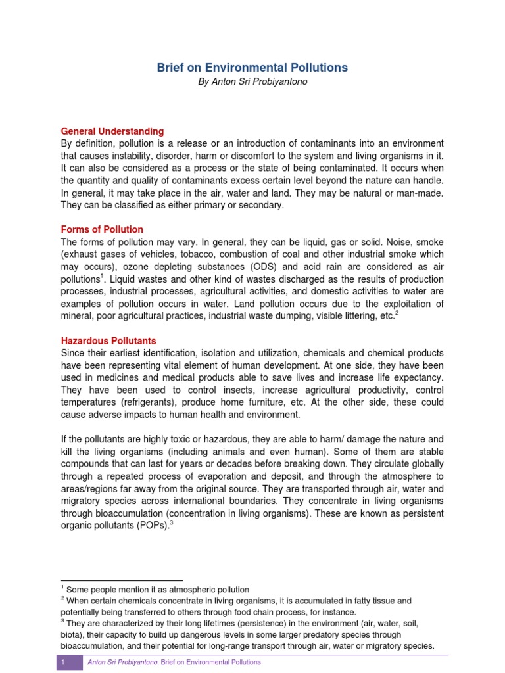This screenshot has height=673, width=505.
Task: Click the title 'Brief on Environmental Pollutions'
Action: (252, 68)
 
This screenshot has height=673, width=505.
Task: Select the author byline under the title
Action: (252, 82)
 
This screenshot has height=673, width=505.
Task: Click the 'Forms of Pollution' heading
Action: (102, 229)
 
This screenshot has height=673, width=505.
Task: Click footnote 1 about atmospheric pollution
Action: (157, 590)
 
